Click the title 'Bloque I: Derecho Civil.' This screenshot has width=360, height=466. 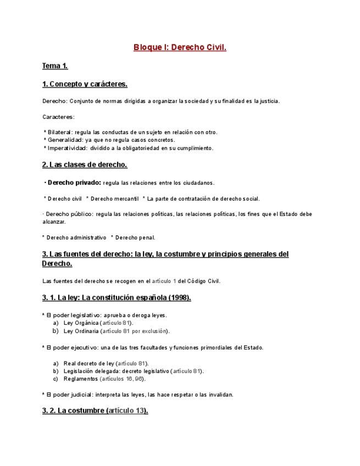(180, 47)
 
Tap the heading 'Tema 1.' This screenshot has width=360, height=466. (55, 66)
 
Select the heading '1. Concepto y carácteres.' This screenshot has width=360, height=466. (85, 84)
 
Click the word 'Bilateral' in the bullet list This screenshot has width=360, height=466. (60, 132)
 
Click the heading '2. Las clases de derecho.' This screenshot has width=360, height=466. (85, 165)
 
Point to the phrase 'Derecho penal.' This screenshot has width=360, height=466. (135, 237)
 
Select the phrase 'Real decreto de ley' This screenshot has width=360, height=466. (90, 363)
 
